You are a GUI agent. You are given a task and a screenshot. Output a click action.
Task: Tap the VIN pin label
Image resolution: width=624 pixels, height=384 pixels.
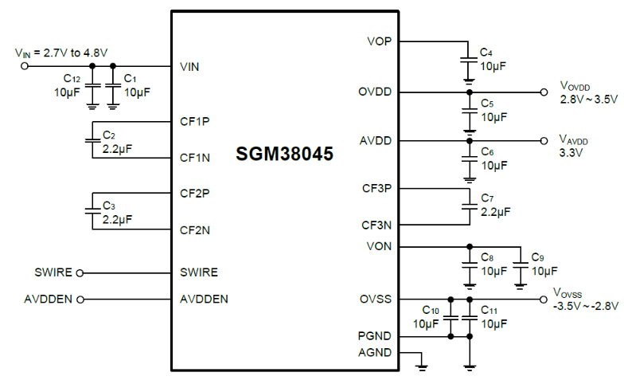[x=189, y=66]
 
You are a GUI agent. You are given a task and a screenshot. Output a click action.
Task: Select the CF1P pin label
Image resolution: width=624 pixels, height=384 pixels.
[x=194, y=122]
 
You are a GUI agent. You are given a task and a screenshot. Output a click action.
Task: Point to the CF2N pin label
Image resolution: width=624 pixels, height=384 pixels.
[x=195, y=230]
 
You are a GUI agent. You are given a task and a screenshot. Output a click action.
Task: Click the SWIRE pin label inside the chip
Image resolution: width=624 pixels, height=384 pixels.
[x=199, y=272]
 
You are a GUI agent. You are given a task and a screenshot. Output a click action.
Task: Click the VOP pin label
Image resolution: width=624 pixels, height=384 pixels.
[x=379, y=41]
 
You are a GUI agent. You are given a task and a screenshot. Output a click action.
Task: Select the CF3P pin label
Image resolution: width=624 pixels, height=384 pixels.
[x=376, y=189]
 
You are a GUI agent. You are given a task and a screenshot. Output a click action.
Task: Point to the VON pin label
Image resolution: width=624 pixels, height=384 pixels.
[x=379, y=245]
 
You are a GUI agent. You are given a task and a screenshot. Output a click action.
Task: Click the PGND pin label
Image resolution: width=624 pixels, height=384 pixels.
[x=374, y=336]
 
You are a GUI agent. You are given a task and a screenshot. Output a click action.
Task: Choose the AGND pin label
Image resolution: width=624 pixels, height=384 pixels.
[x=374, y=352]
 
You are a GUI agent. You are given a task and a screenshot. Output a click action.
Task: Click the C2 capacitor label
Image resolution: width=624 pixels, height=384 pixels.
[x=109, y=135]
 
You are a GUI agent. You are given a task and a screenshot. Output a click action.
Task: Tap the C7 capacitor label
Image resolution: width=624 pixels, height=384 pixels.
[x=488, y=198]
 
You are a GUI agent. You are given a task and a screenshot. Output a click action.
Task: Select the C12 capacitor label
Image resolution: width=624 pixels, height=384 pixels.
[x=72, y=80]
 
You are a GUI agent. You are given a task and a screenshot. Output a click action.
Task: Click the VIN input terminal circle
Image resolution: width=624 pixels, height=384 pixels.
[x=24, y=66]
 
